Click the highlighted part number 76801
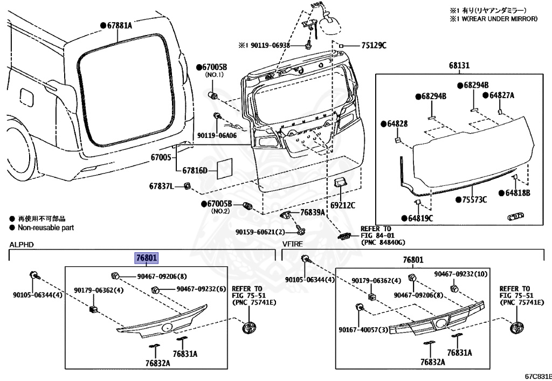[x=146, y=259]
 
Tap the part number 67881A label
[x=119, y=25]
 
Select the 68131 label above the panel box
[x=460, y=65]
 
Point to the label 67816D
[x=195, y=171]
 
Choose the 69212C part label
[x=343, y=205]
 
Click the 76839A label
[x=313, y=213]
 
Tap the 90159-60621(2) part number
[x=260, y=232]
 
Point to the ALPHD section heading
[x=22, y=245]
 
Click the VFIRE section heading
[x=292, y=245]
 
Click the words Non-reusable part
[x=46, y=227]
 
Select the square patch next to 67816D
[x=224, y=168]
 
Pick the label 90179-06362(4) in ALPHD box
[x=99, y=291]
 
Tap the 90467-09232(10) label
[x=460, y=274]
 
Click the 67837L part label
[x=162, y=187]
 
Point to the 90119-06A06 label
[x=217, y=135]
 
